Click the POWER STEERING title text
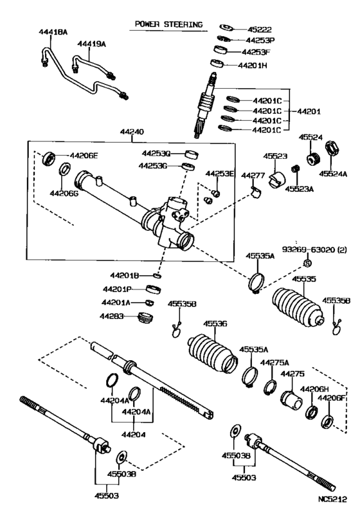coord(168,25)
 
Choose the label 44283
coord(112,315)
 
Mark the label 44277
coord(253,176)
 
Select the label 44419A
coord(91,44)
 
